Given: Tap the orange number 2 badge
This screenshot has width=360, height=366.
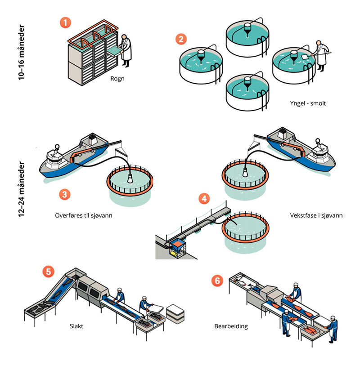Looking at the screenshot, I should tap(181, 38).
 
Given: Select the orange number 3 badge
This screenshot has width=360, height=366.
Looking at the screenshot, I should tap(65, 194).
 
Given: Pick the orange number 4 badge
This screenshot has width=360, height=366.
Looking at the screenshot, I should tap(204, 198).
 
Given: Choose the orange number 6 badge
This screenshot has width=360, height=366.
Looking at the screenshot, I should tap(217, 280).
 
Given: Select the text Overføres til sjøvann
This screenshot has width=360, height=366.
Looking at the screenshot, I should tap(86, 215).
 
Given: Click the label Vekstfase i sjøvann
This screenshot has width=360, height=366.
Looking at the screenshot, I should tap(317, 215).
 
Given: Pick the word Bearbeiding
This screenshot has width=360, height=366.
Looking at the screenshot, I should tap(231, 326).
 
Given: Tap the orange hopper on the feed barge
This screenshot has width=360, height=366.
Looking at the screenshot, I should tap(176, 244).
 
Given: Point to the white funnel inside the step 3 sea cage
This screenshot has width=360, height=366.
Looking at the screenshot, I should tap(130, 177).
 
